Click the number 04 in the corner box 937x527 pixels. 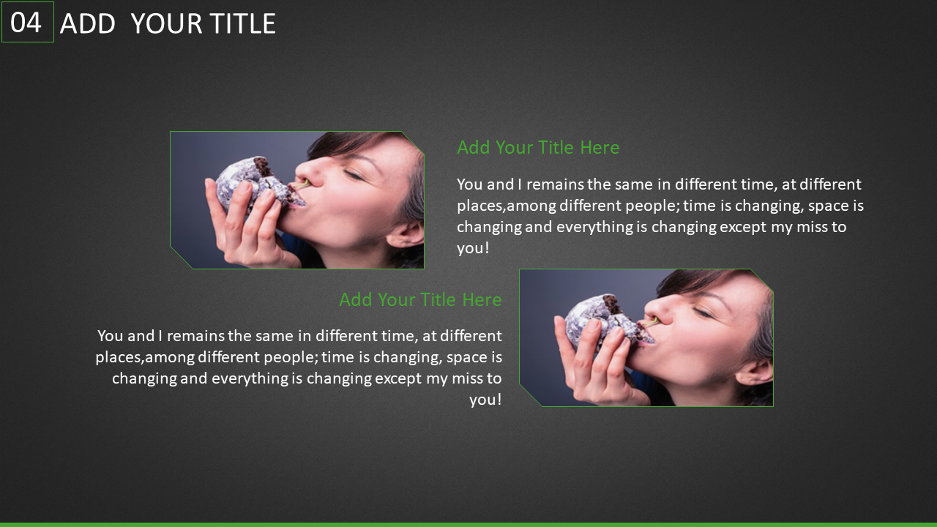[26, 22]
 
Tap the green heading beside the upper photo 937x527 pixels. [538, 147]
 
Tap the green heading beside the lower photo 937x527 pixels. [420, 299]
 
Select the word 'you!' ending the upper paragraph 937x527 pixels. [473, 248]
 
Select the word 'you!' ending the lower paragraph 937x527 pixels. [485, 400]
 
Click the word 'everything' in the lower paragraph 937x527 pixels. [250, 378]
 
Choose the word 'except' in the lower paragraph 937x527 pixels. [398, 378]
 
